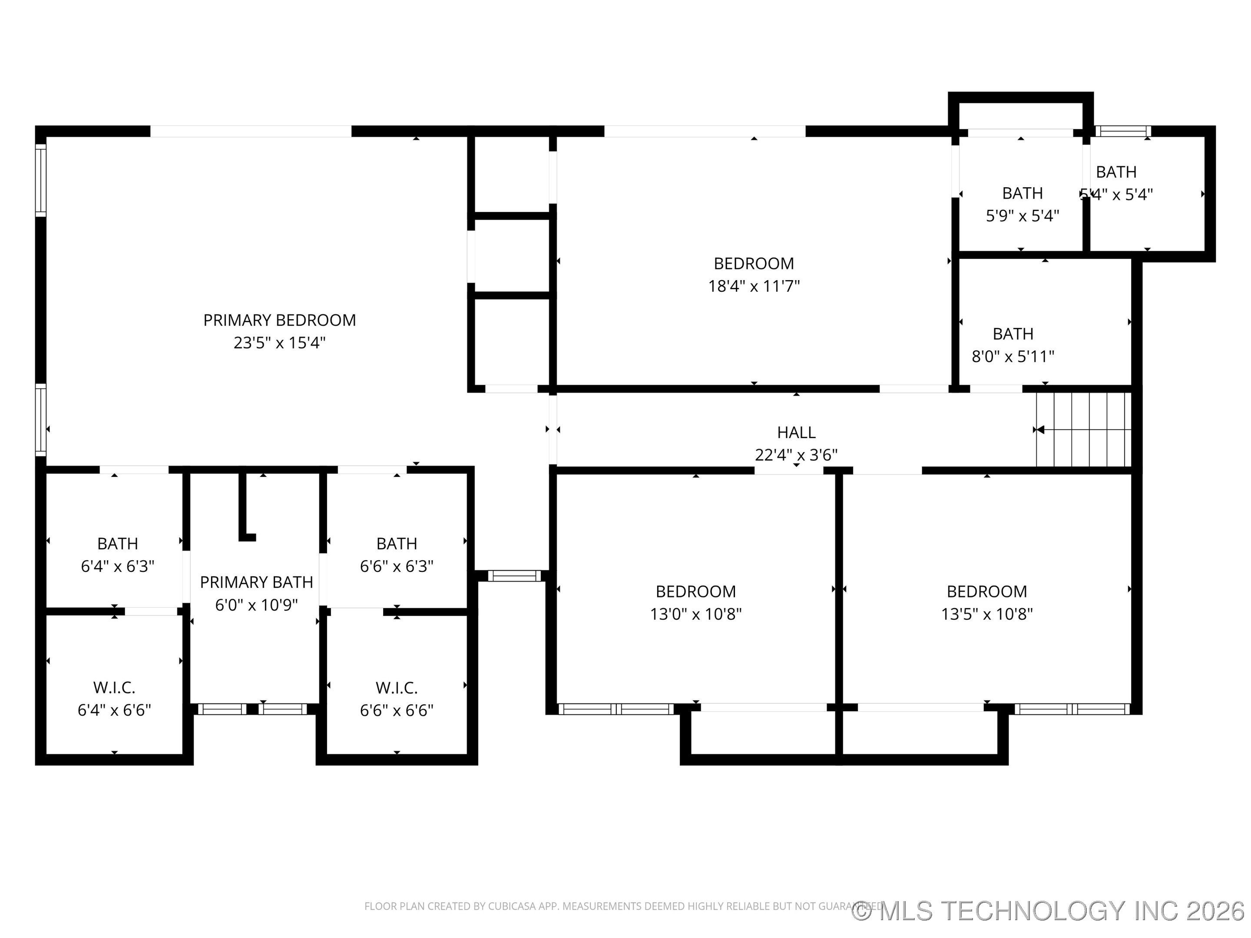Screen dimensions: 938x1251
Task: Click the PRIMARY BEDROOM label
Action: (x=279, y=320)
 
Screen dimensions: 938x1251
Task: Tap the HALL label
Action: (x=796, y=433)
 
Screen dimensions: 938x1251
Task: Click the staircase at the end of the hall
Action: (x=1083, y=430)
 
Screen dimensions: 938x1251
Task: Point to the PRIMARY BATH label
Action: (x=256, y=582)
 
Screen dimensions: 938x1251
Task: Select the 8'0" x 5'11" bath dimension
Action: (x=1013, y=357)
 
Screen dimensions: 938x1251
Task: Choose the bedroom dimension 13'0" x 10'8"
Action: (x=695, y=614)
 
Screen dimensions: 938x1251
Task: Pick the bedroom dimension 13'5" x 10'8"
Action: (x=986, y=614)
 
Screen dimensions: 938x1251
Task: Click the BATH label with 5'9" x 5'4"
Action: (x=1022, y=193)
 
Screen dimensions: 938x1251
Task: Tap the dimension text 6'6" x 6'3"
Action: (x=397, y=566)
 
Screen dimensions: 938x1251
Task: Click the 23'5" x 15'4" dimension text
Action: (x=279, y=343)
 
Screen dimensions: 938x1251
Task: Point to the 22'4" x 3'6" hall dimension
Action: (x=796, y=455)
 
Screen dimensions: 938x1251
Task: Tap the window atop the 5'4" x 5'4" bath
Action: (x=1123, y=131)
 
